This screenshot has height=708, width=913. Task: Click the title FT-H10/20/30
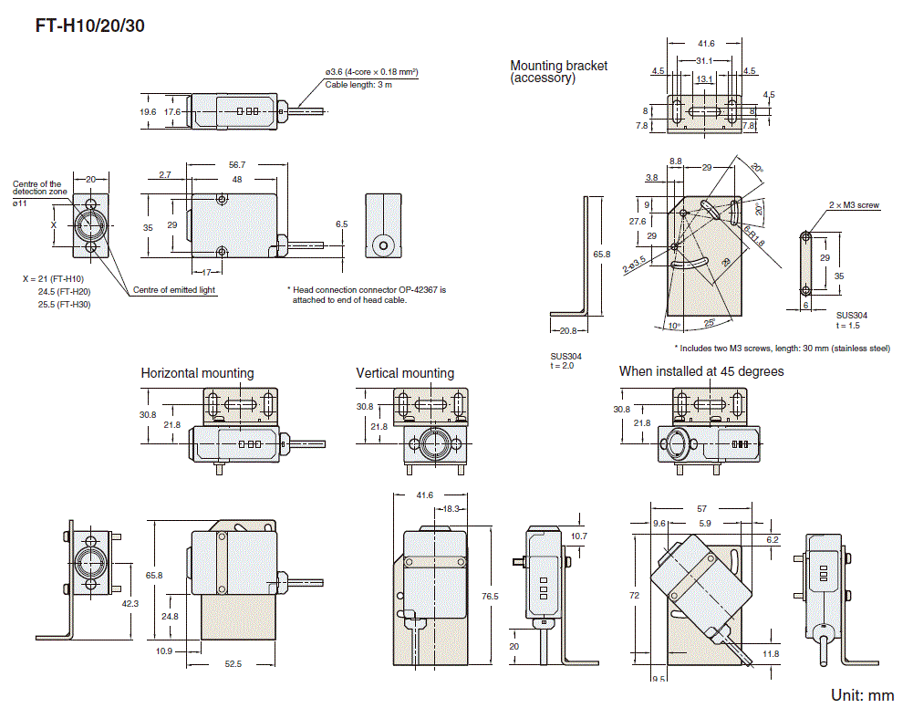coord(89,26)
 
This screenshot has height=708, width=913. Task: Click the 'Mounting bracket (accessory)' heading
coord(558,71)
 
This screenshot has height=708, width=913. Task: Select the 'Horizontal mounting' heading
coord(197,373)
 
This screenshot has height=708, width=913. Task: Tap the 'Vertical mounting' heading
coord(404,373)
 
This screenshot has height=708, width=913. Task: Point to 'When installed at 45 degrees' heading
coord(700,371)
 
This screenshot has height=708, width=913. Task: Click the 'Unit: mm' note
coord(862,695)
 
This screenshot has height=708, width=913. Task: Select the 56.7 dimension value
coord(236,164)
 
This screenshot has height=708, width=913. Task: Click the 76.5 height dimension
coord(490,596)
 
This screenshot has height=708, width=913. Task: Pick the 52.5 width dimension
coord(233,664)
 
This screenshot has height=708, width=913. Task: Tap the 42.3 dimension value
coord(130,603)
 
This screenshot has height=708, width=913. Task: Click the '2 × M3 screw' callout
coord(854,205)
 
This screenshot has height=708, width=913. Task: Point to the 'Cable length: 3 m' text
coord(358,85)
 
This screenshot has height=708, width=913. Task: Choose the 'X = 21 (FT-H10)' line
coord(53,277)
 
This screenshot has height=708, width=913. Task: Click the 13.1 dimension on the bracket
coord(704,79)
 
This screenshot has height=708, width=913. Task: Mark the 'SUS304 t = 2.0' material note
coord(565,360)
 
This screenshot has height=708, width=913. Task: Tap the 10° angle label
coord(673,326)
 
